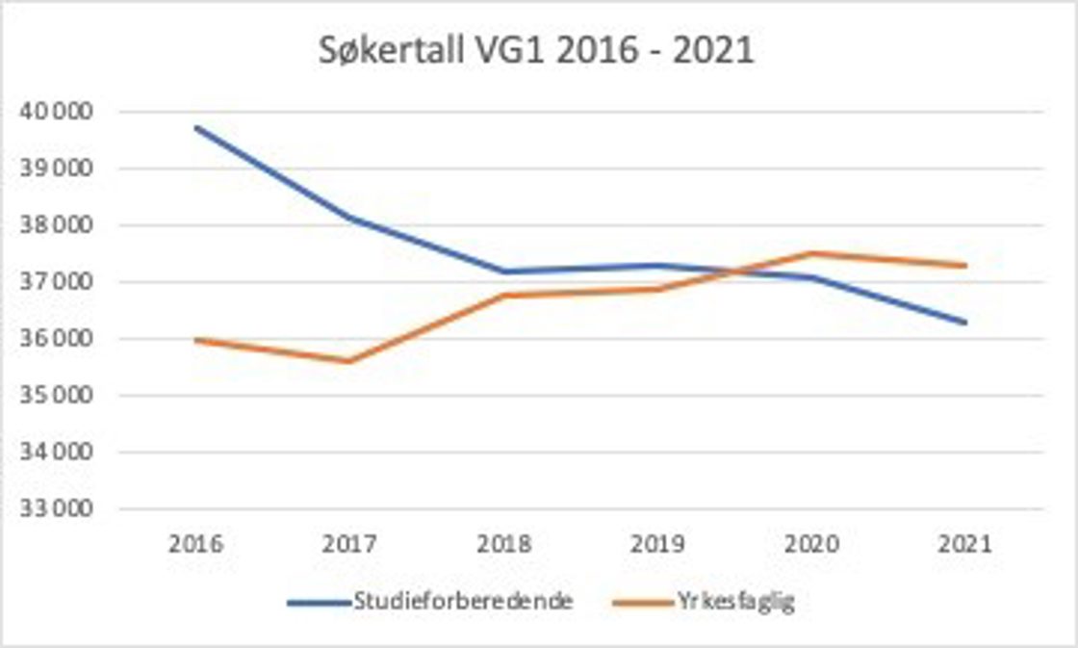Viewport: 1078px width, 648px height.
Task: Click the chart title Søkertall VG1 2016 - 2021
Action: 536,51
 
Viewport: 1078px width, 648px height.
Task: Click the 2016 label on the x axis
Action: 195,544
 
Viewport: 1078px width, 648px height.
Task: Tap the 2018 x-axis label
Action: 503,544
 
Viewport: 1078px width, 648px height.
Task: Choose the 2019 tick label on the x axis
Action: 657,544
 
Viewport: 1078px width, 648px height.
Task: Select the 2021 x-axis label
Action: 965,544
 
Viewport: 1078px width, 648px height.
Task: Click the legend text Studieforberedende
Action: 464,602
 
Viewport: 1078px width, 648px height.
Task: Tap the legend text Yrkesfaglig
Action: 735,602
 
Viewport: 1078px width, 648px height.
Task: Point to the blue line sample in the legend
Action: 319,603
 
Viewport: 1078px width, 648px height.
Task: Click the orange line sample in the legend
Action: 642,603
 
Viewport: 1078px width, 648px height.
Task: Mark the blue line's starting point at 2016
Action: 195,127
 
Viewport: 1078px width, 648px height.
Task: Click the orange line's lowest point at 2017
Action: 349,361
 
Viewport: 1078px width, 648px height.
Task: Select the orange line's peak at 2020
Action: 811,253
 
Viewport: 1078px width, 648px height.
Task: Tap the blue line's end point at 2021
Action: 965,322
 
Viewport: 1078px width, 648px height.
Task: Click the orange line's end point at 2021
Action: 965,265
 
